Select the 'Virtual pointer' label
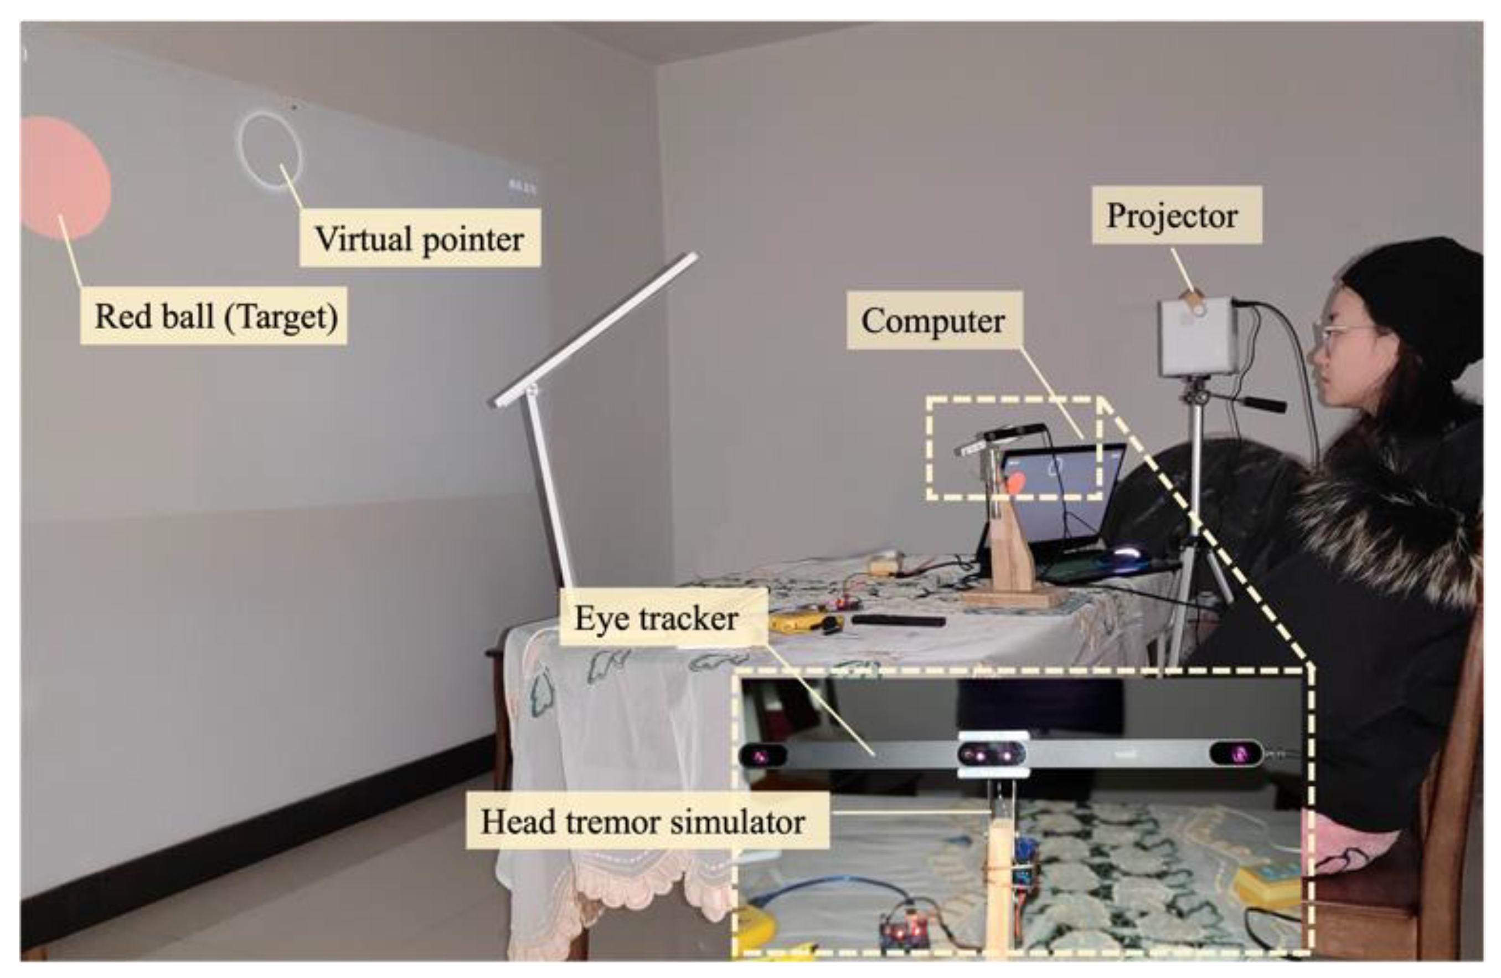pos(419,238)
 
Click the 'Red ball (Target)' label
pos(215,315)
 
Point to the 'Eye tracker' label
pos(656,618)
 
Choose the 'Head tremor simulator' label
pos(643,822)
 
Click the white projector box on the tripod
pos(1198,337)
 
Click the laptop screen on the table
pos(1066,499)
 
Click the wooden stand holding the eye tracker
pos(1009,561)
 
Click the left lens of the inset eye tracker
pos(762,756)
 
